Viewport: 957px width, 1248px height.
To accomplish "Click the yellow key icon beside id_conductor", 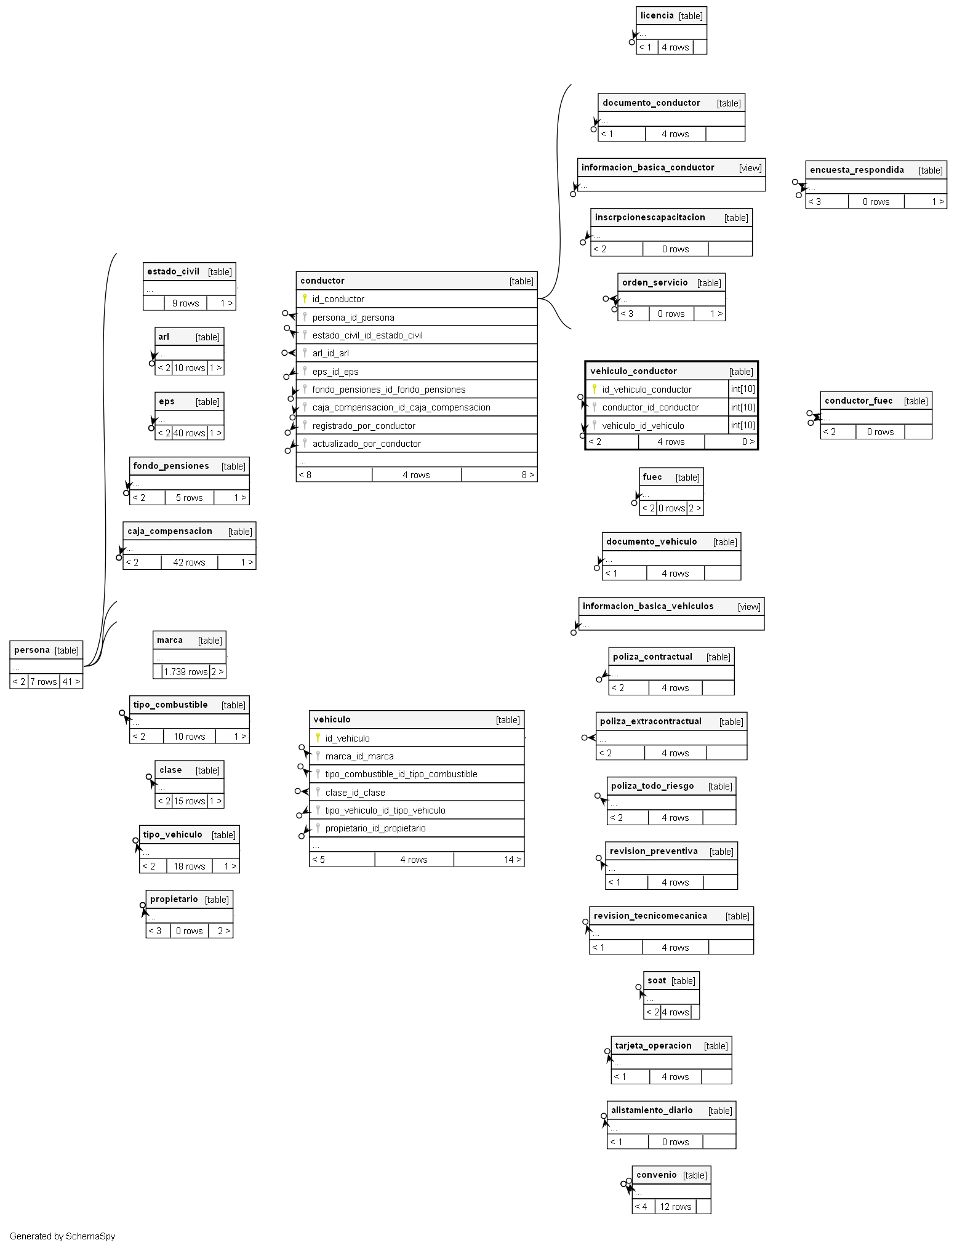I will click(305, 298).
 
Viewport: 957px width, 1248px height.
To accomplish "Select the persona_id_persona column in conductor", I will click(353, 318).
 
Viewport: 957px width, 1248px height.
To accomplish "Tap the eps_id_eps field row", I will click(335, 372).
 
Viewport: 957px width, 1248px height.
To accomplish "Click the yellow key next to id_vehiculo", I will click(318, 737).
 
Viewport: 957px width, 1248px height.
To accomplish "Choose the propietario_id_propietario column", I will click(375, 828).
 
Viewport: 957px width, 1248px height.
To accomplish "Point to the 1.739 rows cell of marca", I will click(185, 671).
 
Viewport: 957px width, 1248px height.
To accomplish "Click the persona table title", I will click(32, 650).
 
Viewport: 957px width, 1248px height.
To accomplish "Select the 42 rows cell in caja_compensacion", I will click(189, 562).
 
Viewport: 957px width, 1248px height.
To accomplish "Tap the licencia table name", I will click(657, 15).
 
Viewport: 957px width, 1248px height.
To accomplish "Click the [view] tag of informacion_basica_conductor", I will click(750, 167).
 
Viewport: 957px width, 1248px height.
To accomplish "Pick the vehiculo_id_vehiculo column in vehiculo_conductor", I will click(643, 425).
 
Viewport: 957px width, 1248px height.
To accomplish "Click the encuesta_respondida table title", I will click(857, 170).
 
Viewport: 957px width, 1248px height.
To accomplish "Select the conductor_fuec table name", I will click(858, 401).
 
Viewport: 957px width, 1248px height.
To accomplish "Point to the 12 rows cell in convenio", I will click(675, 1206).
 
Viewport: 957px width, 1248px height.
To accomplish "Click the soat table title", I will click(657, 980).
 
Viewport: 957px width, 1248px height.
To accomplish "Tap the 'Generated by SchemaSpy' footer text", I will click(62, 1236).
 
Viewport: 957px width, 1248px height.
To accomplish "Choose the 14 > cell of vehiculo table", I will click(512, 859).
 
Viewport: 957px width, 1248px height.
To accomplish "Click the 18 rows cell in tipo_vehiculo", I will click(189, 866).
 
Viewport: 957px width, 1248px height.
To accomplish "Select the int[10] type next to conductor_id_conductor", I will click(743, 407).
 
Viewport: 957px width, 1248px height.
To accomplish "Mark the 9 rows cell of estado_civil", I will click(185, 303).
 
